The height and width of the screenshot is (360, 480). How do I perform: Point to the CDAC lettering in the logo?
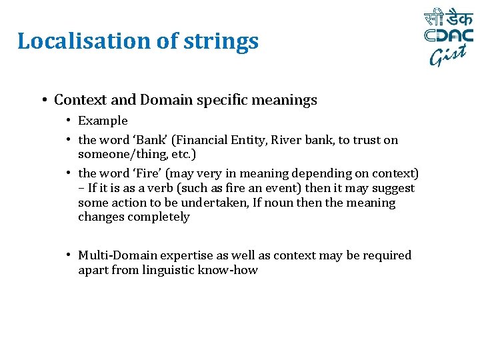[449, 36]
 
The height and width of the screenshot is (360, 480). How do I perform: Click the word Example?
[103, 121]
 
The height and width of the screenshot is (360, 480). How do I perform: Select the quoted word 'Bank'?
[151, 140]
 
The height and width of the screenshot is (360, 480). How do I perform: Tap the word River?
[287, 140]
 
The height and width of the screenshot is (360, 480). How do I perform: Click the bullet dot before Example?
[69, 121]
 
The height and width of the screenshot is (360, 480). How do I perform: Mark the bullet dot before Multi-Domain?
[69, 255]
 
